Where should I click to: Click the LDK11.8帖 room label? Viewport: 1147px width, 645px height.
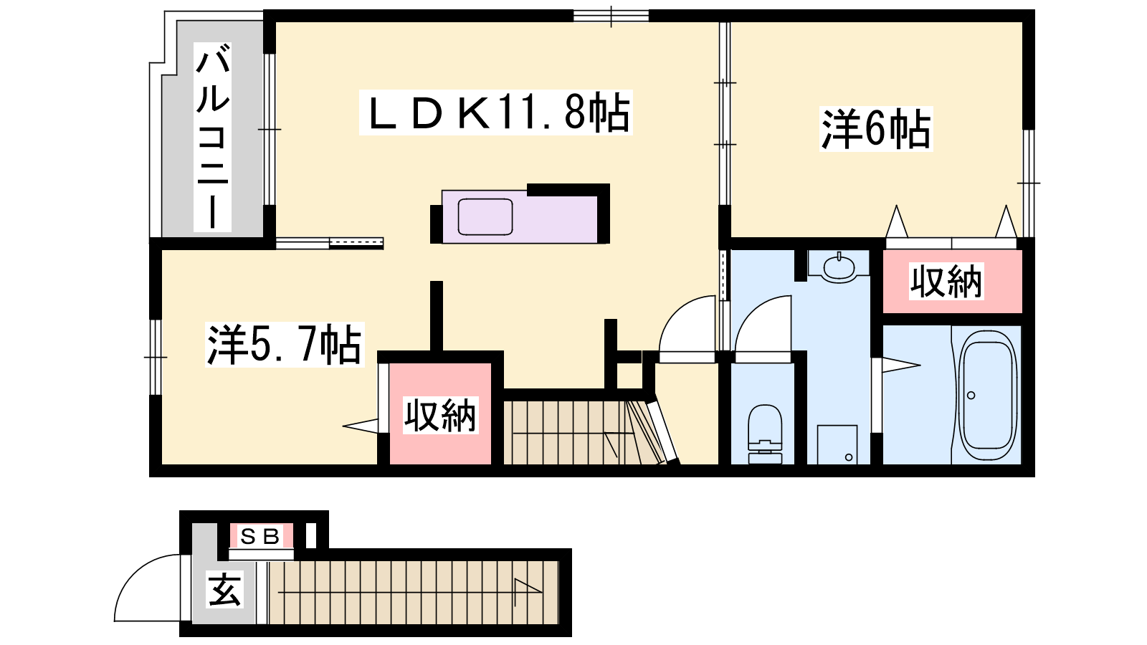(x=495, y=113)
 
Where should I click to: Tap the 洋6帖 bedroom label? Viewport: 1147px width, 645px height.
(x=875, y=129)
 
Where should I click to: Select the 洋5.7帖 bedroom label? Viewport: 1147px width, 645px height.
(x=285, y=345)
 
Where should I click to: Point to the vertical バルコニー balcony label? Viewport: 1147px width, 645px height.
(x=212, y=137)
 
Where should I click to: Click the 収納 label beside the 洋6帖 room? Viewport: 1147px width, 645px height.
(x=946, y=281)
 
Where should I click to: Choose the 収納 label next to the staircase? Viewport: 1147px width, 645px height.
(x=440, y=415)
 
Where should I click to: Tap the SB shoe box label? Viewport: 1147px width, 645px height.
(x=260, y=536)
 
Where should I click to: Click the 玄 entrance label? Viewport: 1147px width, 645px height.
(x=224, y=589)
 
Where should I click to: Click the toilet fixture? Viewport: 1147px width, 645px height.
(x=764, y=434)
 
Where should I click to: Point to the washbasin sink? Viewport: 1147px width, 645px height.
(x=838, y=266)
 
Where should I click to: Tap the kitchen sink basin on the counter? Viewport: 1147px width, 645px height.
(x=485, y=217)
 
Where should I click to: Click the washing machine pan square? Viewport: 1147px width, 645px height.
(x=837, y=444)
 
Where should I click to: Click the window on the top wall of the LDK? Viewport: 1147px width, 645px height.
(x=611, y=16)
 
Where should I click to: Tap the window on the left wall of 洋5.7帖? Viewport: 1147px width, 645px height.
(x=155, y=357)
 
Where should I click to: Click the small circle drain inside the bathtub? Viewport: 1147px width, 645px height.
(x=971, y=395)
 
